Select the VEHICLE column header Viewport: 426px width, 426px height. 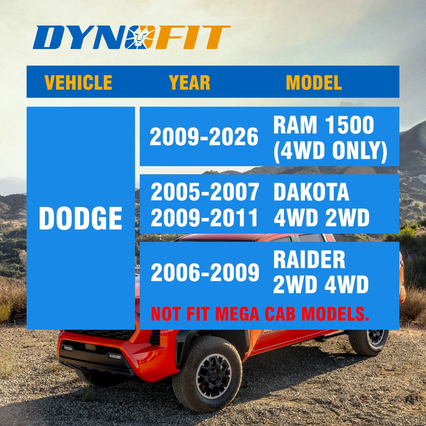(x=78, y=82)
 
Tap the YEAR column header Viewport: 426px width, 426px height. (x=190, y=82)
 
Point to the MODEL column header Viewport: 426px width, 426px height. (x=314, y=82)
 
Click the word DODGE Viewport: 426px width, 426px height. (x=80, y=218)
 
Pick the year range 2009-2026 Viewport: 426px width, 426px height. (x=204, y=137)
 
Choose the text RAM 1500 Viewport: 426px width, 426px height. (x=323, y=125)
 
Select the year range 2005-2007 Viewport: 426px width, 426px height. (x=205, y=192)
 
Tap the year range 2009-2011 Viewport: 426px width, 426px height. (x=205, y=218)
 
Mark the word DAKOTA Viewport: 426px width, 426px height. (x=311, y=192)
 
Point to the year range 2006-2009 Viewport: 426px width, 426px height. (x=205, y=272)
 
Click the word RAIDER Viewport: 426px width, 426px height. (x=309, y=259)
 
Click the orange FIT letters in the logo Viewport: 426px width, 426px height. (x=192, y=37)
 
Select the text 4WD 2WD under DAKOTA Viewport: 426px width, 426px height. (x=321, y=218)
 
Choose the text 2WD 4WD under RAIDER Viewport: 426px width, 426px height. (x=321, y=285)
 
